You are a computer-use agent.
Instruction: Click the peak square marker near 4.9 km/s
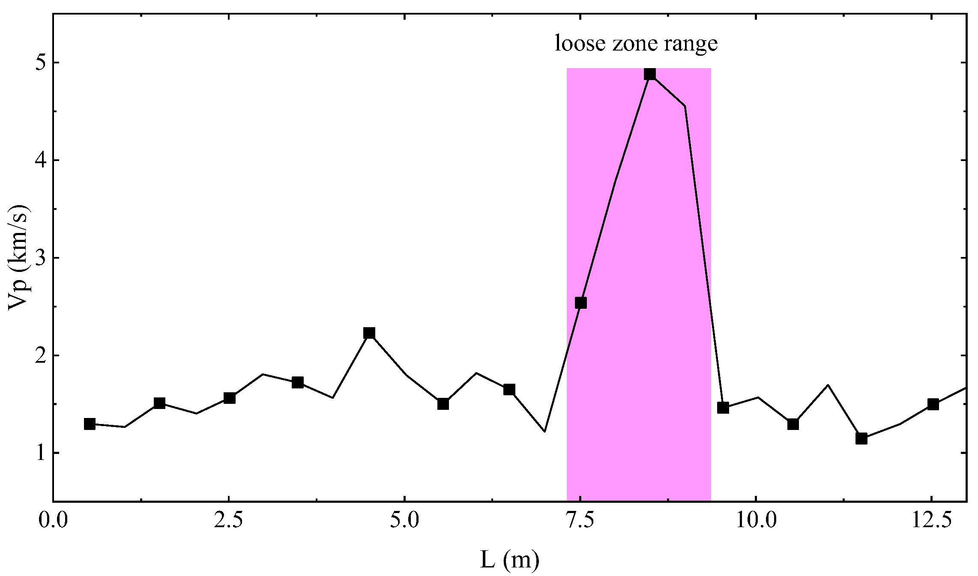[x=650, y=74]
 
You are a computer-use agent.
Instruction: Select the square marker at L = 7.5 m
[x=580, y=303]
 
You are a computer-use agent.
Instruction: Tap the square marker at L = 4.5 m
[x=369, y=333]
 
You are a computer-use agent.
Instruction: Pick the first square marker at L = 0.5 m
[x=90, y=424]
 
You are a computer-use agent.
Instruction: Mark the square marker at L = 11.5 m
[x=861, y=438]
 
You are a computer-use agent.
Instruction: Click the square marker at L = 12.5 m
[x=933, y=404]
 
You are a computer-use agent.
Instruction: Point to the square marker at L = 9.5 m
[x=723, y=407]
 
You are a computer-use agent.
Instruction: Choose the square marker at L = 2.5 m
[x=230, y=398]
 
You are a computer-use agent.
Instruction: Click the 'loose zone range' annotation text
[x=636, y=44]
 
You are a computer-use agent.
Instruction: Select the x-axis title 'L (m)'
[x=509, y=560]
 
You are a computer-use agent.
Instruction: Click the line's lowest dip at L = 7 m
[x=545, y=431]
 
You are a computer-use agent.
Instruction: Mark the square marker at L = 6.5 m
[x=509, y=389]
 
